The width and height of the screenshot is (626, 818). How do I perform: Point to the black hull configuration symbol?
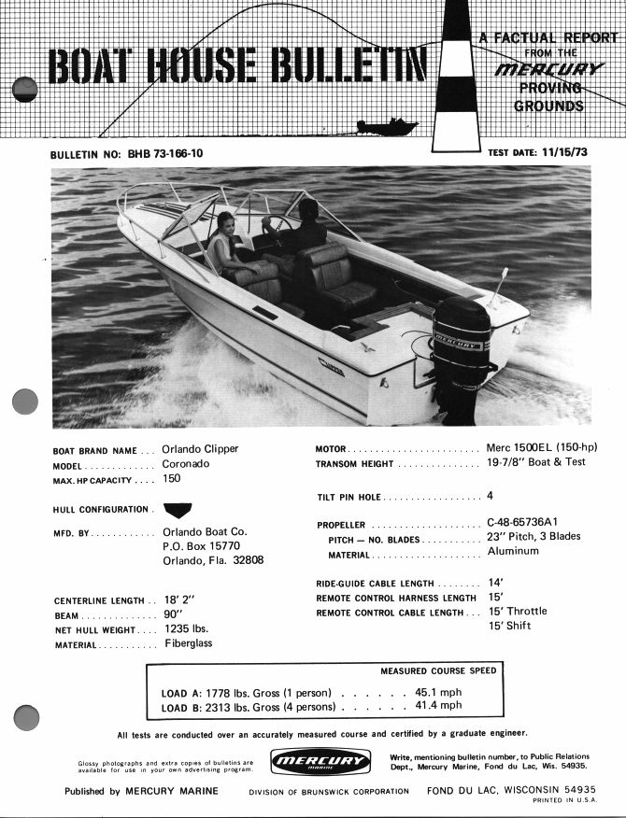tap(177, 509)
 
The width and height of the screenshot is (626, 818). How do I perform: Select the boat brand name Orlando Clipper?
tap(200, 448)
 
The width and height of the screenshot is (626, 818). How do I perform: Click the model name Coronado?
tap(187, 464)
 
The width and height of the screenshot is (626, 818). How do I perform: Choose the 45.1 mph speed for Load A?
tap(437, 693)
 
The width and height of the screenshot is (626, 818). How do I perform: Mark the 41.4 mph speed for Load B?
tap(437, 706)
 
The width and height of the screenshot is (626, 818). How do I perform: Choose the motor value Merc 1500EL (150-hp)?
tap(542, 447)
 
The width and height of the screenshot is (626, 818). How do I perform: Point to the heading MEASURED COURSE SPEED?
tap(438, 670)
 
